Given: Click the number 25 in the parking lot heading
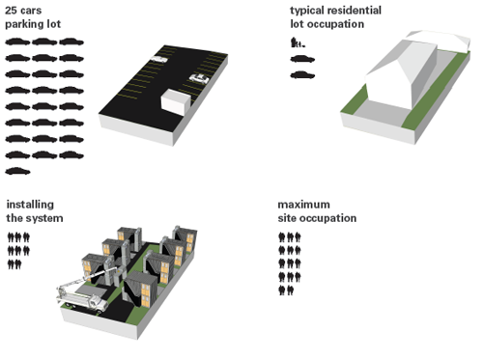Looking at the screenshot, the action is [11, 11].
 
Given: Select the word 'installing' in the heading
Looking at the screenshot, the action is [30, 205].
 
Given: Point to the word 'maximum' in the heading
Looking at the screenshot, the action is [304, 205].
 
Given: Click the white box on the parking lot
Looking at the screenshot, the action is [176, 101].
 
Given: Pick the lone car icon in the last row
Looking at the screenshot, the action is [17, 171].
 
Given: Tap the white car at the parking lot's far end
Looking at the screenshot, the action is [159, 59].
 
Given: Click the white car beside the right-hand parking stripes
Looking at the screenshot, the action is [199, 78].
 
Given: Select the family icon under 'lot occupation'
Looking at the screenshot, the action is [298, 42].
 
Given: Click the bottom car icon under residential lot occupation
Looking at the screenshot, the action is [302, 75].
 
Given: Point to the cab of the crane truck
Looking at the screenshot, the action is [97, 302].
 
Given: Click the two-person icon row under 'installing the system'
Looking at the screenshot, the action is [14, 264].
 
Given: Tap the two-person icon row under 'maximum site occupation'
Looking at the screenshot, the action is [286, 291].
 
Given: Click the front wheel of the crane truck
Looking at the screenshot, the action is [99, 310].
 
